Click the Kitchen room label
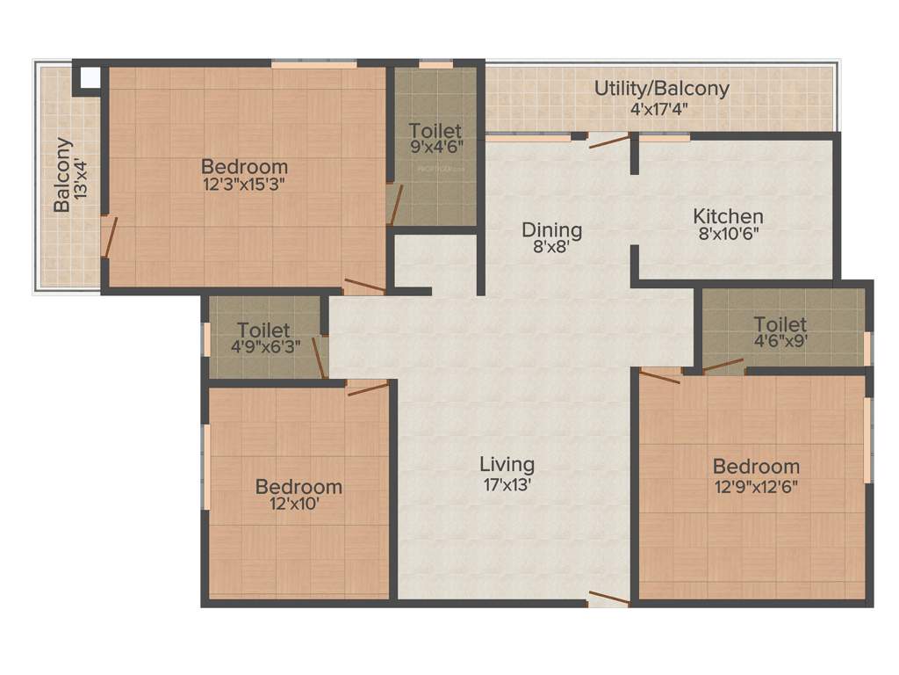coord(728,216)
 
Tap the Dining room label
coord(552,230)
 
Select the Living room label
coord(507,465)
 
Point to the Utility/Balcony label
coord(662,89)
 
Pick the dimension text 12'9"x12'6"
coord(756,484)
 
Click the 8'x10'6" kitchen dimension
coord(728,234)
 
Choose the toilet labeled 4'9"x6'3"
coord(263,338)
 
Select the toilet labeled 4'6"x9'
coord(780,334)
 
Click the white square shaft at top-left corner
coord(90,77)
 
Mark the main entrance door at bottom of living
coord(608,599)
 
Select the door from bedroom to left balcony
coord(108,236)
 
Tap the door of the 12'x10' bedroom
coord(368,388)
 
